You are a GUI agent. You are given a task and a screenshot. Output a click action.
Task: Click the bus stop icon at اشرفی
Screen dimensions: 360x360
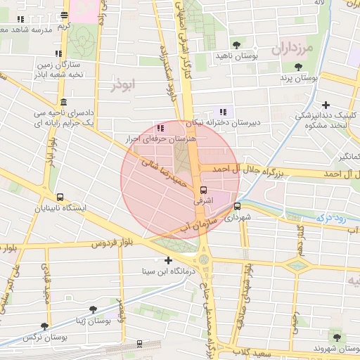pos(204,190)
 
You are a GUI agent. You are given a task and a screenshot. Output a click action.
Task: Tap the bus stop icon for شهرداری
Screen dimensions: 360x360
pos(237,207)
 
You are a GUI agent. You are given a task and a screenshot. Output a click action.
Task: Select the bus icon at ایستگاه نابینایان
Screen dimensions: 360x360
pos(60,198)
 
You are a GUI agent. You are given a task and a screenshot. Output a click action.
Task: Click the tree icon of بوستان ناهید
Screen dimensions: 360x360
pos(236,45)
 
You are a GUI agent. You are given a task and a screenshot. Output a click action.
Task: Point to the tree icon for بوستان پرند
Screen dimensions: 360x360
pos(298,67)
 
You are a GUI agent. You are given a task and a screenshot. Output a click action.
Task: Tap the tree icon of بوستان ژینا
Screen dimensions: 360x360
pos(92,309)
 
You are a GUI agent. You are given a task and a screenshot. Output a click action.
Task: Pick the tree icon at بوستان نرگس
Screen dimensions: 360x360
pos(46,326)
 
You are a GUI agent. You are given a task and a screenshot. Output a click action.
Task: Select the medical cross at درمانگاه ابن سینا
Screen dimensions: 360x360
pos(168,261)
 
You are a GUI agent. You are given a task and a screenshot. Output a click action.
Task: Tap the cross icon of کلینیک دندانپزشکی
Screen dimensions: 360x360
pos(326,105)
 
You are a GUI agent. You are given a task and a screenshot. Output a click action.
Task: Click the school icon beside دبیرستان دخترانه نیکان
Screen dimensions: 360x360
pos(224,111)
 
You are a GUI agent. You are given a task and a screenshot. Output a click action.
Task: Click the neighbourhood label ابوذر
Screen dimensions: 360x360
pos(123,84)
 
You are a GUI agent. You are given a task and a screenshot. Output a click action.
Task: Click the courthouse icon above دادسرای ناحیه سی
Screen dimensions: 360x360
pos(64,102)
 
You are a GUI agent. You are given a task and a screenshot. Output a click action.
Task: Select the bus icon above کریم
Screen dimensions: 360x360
pos(65,15)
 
